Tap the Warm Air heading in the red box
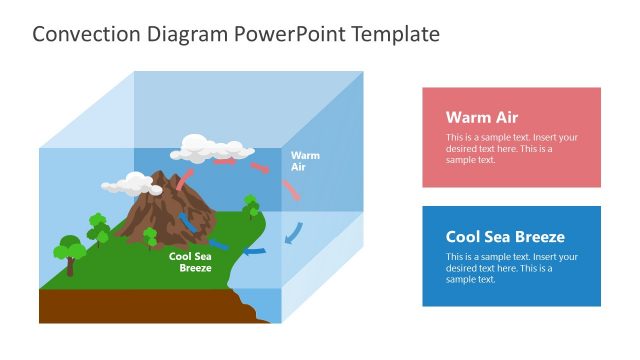[481, 117]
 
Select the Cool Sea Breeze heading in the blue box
[505, 237]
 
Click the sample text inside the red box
[511, 148]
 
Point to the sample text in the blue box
[511, 267]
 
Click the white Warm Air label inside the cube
[305, 161]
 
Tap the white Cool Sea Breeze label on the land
[190, 262]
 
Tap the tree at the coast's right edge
[251, 206]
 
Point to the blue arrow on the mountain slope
[186, 220]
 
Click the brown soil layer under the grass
[130, 306]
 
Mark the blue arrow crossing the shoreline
[254, 250]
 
